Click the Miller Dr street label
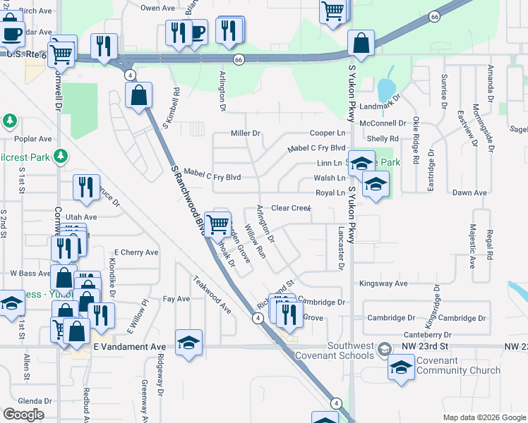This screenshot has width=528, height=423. tap(246, 133)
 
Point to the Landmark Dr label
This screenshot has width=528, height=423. tap(380, 106)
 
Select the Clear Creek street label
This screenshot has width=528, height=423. tap(292, 208)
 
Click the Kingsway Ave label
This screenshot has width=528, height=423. tap(383, 283)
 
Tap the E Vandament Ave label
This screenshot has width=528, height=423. tap(129, 347)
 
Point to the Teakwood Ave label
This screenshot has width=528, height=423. tap(213, 294)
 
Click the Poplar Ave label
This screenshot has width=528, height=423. tap(36, 139)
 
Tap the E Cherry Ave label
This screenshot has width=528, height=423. tap(136, 252)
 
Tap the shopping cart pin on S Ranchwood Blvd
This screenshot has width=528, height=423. tap(220, 223)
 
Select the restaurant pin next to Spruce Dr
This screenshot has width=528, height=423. tap(86, 187)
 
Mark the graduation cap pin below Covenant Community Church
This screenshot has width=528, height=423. tap(402, 367)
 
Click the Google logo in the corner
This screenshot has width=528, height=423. tap(24, 415)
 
